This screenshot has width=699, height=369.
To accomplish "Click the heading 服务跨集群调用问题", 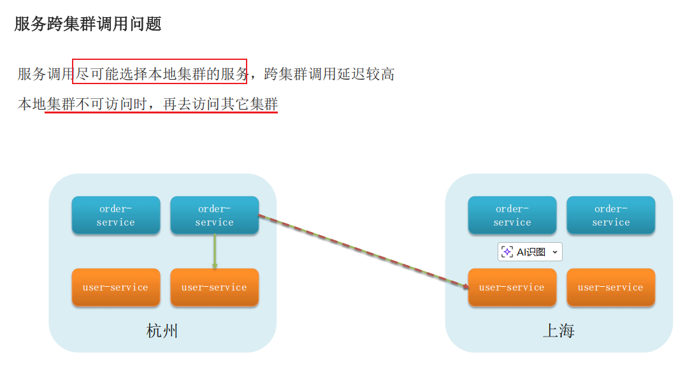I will coord(88,24).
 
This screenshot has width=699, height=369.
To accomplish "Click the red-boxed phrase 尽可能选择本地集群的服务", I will coord(160,74).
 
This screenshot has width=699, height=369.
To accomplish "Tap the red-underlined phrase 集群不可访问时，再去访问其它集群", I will coord(162,105).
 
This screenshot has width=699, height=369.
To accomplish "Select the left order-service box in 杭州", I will coord(116,215).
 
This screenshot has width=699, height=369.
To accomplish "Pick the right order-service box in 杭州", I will coord(214,215).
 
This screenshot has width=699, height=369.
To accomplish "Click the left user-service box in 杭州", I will coord(116,287).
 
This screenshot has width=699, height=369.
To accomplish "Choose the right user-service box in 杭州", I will coord(214,287).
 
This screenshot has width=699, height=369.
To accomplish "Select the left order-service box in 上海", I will coord(512,215).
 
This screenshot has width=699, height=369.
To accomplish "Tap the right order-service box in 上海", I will coord(611,215).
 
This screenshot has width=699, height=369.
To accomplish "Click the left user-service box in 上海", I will coord(512,287).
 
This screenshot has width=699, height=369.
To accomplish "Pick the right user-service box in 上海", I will coord(611,287).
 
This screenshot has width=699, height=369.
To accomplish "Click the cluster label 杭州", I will coord(162,331).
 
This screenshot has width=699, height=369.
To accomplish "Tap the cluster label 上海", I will coord(559,331).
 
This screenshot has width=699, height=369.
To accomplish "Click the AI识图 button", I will coord(531,252).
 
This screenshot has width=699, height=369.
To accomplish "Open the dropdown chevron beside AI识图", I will coord(554,252).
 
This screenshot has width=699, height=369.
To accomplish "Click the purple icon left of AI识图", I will coord(507,252).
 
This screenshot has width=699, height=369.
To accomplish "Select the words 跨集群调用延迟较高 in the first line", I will coord(329,74).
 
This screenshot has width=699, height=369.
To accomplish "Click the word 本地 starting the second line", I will coord(31,105).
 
